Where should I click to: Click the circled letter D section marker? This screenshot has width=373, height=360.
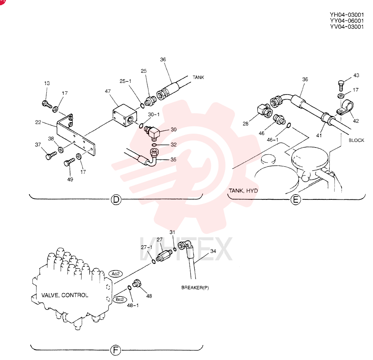116,199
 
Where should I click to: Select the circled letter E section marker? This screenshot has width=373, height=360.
296,199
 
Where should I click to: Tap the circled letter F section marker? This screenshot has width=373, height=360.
116,350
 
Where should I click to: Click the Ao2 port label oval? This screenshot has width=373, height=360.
116,274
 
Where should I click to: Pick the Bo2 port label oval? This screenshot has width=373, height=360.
120,299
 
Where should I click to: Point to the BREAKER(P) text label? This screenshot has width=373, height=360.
195,288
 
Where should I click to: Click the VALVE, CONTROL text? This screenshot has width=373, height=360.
65,295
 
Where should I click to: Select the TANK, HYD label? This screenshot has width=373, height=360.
243,191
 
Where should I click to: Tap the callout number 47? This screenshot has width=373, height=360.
108,91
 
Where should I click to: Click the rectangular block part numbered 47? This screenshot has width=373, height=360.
125,115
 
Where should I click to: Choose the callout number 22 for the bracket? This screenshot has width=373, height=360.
38,122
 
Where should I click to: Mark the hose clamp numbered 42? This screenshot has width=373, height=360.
345,107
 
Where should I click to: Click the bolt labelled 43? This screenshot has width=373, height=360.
341,86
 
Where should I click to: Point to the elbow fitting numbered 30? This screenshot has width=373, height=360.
152,133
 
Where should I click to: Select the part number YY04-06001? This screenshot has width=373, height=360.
347,21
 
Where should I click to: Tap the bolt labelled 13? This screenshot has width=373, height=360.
47,104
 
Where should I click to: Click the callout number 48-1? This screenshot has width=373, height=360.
133,305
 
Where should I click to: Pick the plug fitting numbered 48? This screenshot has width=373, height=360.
137,283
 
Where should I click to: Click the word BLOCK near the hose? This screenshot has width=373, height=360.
356,140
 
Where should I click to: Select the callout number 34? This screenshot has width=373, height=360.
213,251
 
